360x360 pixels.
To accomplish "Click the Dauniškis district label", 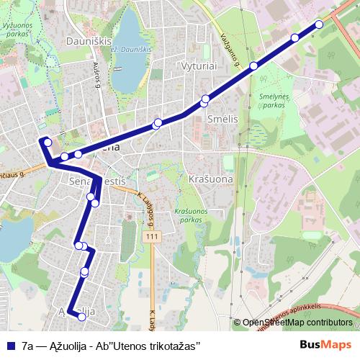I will pos(89,42).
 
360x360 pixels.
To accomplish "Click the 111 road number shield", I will pos(150,237).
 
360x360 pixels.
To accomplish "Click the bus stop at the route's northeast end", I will pos(319,24).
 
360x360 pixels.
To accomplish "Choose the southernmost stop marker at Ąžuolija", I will pos(82,316).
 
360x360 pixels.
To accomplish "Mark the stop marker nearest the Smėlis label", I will pos(205,99).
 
